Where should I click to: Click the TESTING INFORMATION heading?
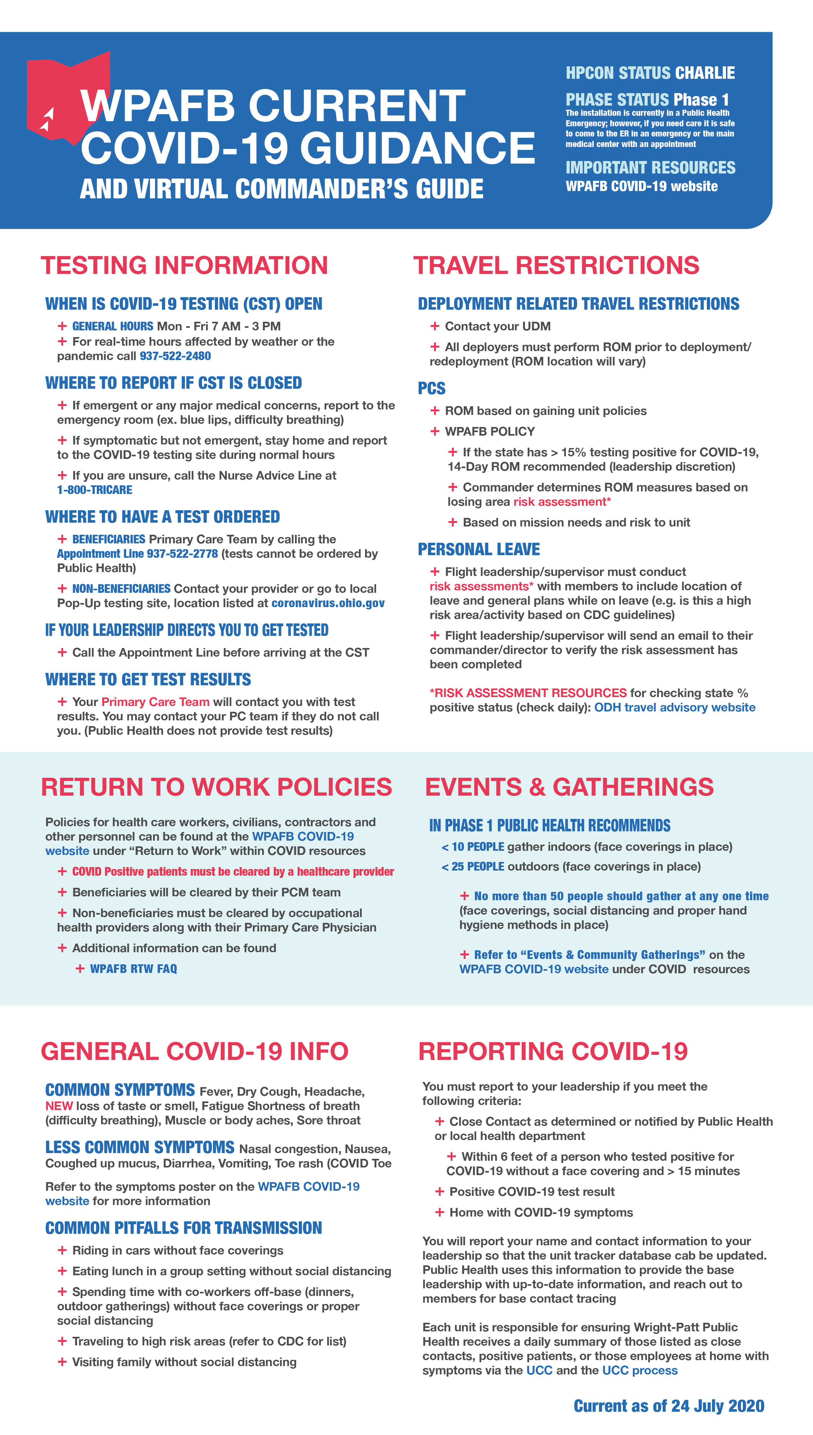(x=184, y=266)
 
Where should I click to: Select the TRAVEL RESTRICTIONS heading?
(x=556, y=266)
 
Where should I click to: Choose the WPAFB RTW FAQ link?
(x=134, y=969)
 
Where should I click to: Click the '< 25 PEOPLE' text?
(x=473, y=867)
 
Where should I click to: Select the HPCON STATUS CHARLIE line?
(x=650, y=73)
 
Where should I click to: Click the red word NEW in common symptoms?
(x=59, y=1106)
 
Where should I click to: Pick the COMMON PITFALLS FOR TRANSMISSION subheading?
(x=184, y=1228)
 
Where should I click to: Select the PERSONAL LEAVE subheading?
(x=479, y=549)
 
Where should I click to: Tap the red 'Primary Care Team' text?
(x=155, y=702)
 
